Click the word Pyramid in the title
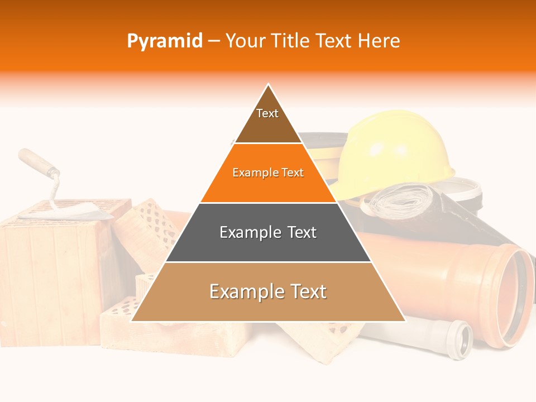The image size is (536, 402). [x=165, y=41]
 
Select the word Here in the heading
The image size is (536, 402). [x=379, y=41]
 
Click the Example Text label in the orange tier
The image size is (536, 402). [x=268, y=173]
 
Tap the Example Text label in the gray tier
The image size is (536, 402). [x=268, y=232]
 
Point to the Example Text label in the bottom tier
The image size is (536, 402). [x=268, y=291]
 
